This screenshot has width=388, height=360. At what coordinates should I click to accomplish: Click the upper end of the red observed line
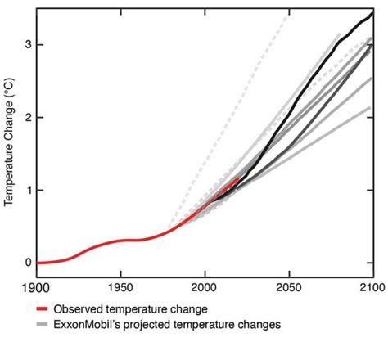pos(238,177)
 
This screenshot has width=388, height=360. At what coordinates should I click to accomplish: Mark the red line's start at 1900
pos(38,263)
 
